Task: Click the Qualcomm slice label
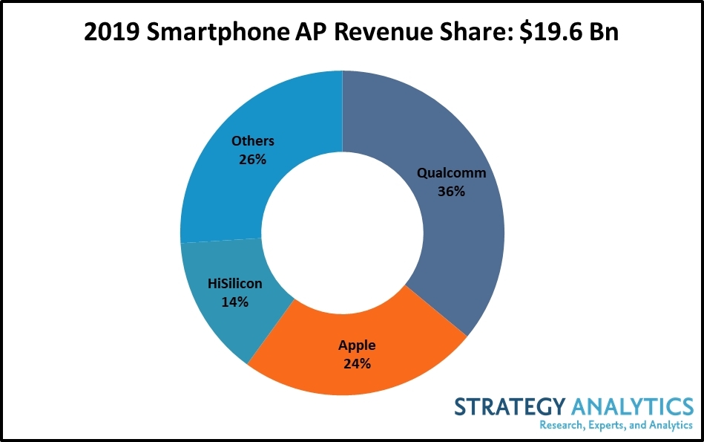click(451, 174)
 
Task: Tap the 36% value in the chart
click(451, 191)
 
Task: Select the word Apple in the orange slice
click(357, 345)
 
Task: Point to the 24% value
click(357, 363)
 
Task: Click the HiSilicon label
click(234, 284)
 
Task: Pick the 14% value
click(234, 302)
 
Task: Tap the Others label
click(252, 140)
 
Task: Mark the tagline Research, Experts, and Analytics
click(616, 426)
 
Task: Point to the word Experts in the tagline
click(612, 426)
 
